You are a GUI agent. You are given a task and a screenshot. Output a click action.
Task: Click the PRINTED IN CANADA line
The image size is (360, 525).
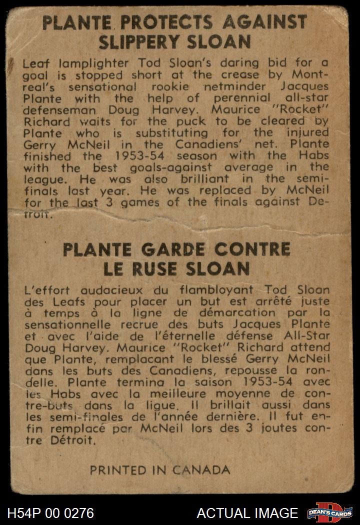coord(160,470)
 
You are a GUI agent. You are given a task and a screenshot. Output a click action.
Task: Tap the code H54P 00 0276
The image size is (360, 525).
coord(50,513)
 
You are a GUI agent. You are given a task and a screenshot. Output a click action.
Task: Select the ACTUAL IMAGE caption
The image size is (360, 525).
coord(247,513)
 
